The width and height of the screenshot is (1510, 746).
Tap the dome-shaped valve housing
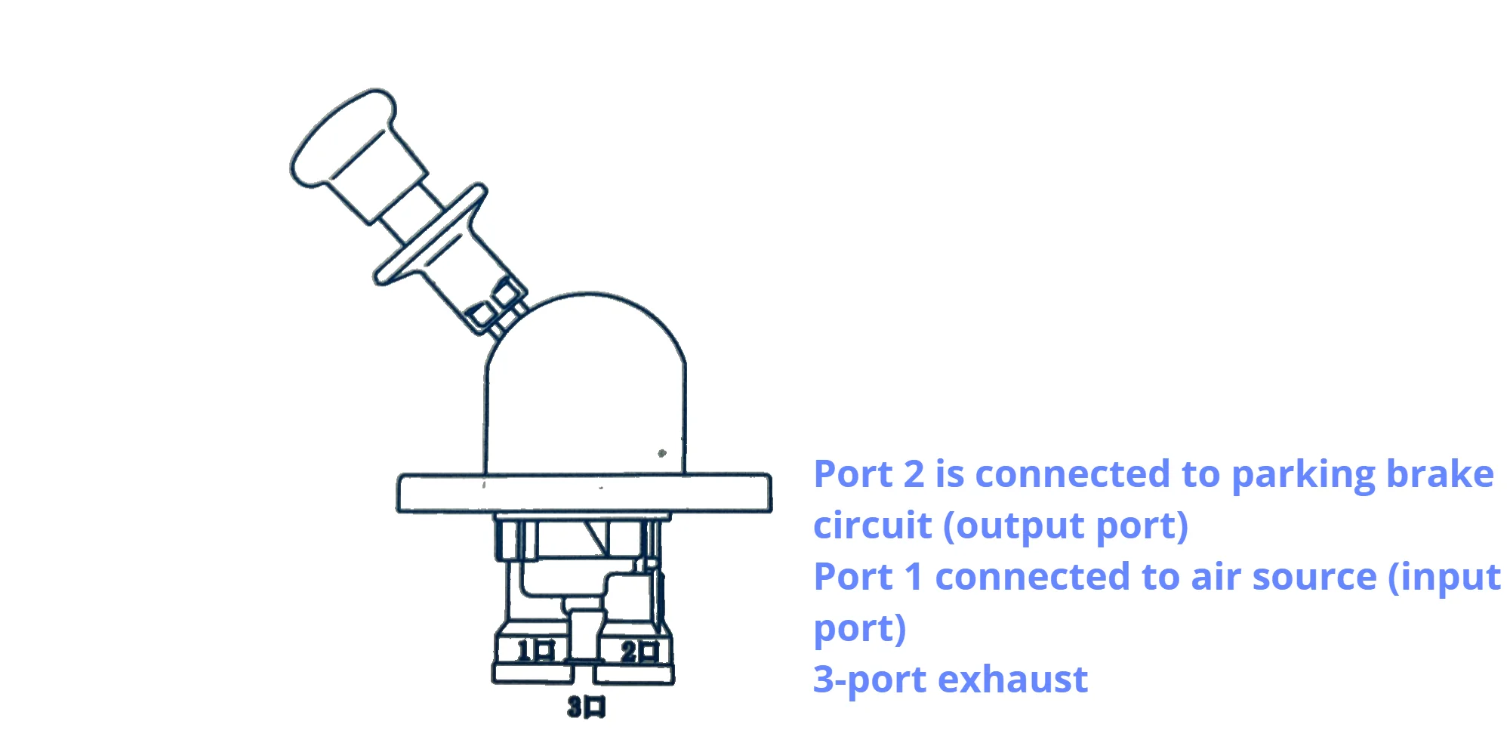click(586, 385)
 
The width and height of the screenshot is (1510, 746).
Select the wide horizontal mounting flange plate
click(584, 493)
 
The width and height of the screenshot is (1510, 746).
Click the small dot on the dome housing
click(662, 453)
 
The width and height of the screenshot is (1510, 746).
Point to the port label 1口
click(535, 650)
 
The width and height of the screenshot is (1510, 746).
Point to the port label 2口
click(639, 651)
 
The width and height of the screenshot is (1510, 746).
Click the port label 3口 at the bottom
click(587, 707)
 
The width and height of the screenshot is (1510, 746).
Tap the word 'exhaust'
click(1012, 679)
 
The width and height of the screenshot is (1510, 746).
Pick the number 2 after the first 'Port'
click(914, 474)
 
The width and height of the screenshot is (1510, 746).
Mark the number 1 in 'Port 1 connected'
click(914, 577)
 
